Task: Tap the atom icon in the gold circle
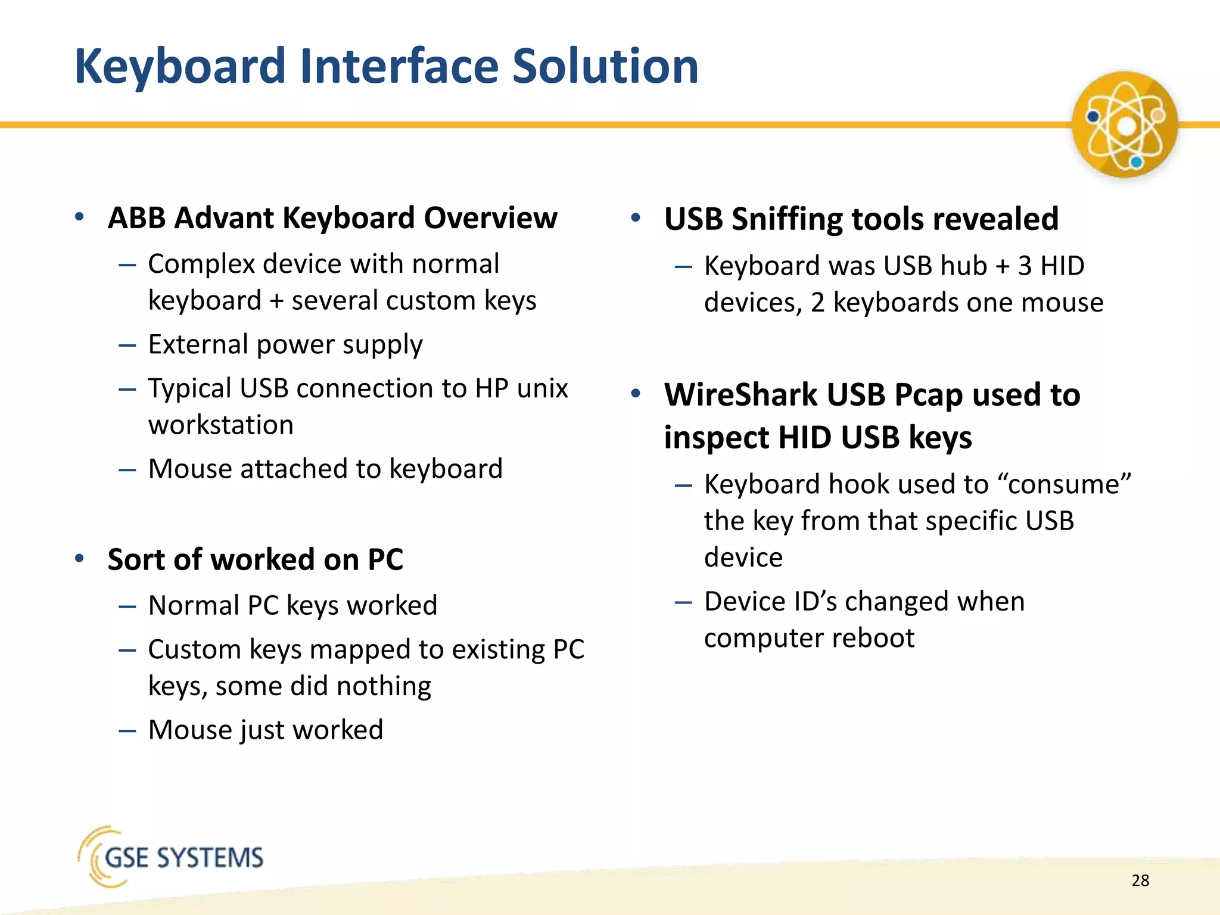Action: tap(1124, 125)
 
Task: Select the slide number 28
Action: tap(1140, 880)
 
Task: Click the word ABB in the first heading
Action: tap(136, 218)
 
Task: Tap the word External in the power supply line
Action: tap(198, 344)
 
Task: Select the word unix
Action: tap(542, 388)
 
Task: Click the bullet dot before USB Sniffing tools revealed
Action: tap(636, 217)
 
